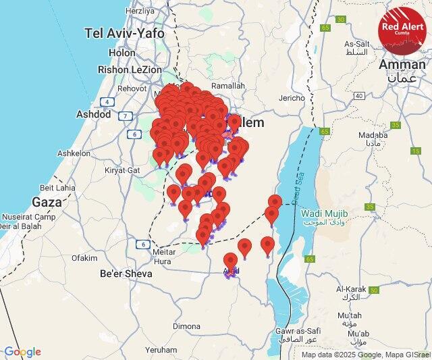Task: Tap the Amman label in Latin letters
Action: (x=402, y=64)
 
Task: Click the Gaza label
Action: (x=47, y=201)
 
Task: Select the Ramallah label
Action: (x=228, y=86)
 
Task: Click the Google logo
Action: (x=22, y=352)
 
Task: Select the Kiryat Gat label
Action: (x=122, y=170)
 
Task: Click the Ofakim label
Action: (x=84, y=257)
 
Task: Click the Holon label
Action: (x=122, y=52)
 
